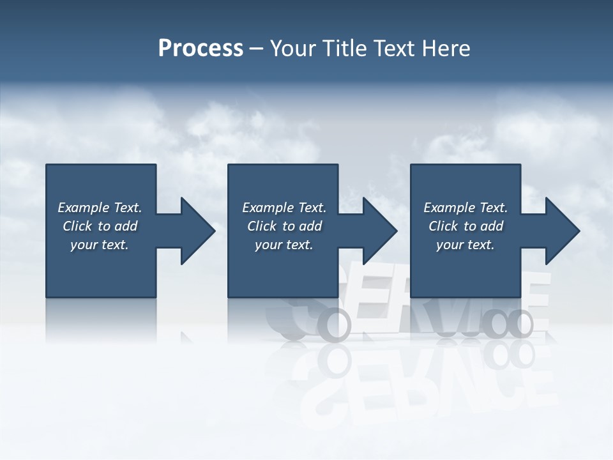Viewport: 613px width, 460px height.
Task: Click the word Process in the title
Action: point(201,49)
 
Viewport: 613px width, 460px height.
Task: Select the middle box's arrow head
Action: point(379,231)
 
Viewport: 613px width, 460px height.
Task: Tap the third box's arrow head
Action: point(562,231)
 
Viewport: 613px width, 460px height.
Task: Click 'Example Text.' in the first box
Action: point(100,208)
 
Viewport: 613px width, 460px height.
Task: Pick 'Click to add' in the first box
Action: point(100,226)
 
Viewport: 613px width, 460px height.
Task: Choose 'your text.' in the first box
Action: point(100,245)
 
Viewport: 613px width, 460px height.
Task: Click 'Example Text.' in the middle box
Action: point(284,208)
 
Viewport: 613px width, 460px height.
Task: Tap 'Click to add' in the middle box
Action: point(284,226)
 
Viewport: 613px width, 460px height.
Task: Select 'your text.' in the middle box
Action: point(284,245)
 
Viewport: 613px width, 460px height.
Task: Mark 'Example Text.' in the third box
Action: point(465,208)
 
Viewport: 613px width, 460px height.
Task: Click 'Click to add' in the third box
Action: point(465,226)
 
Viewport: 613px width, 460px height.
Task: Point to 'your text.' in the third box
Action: point(465,245)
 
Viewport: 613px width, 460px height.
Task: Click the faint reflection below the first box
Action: point(101,319)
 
